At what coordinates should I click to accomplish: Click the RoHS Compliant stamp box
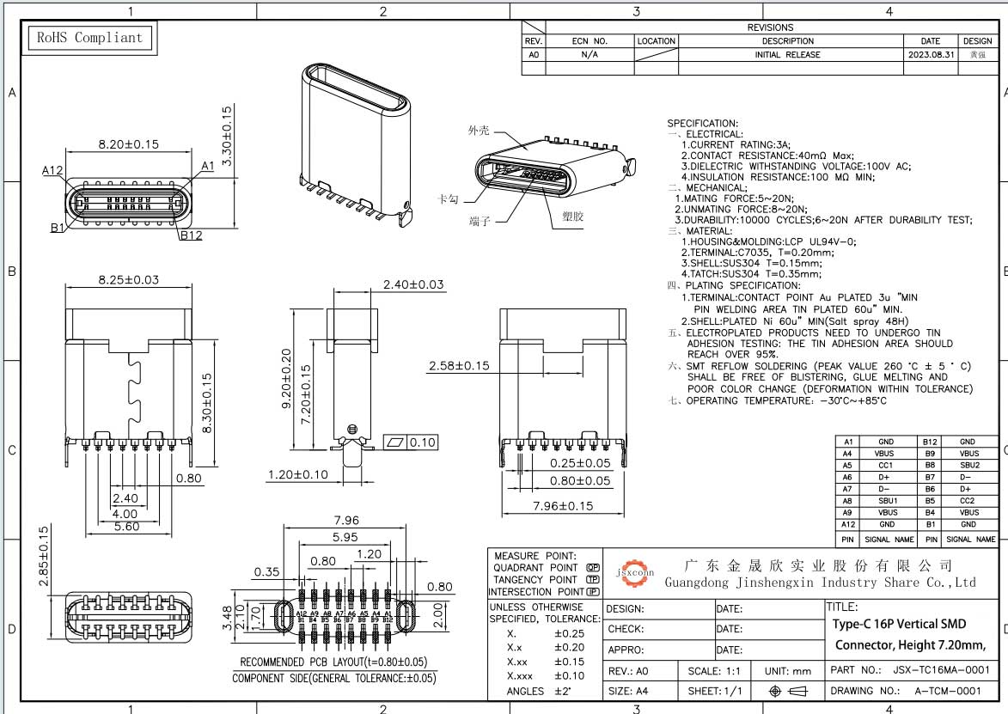(x=89, y=38)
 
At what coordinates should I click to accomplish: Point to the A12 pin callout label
(x=53, y=170)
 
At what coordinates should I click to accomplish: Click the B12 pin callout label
(x=191, y=235)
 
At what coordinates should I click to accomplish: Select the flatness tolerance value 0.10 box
(x=422, y=442)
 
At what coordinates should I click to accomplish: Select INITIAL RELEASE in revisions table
(x=787, y=54)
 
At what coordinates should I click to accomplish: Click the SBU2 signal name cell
(x=968, y=465)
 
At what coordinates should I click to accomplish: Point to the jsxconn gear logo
(x=635, y=570)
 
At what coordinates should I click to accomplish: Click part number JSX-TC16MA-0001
(x=941, y=669)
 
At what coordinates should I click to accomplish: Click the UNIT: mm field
(x=788, y=670)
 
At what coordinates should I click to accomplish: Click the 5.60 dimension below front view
(x=125, y=527)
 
